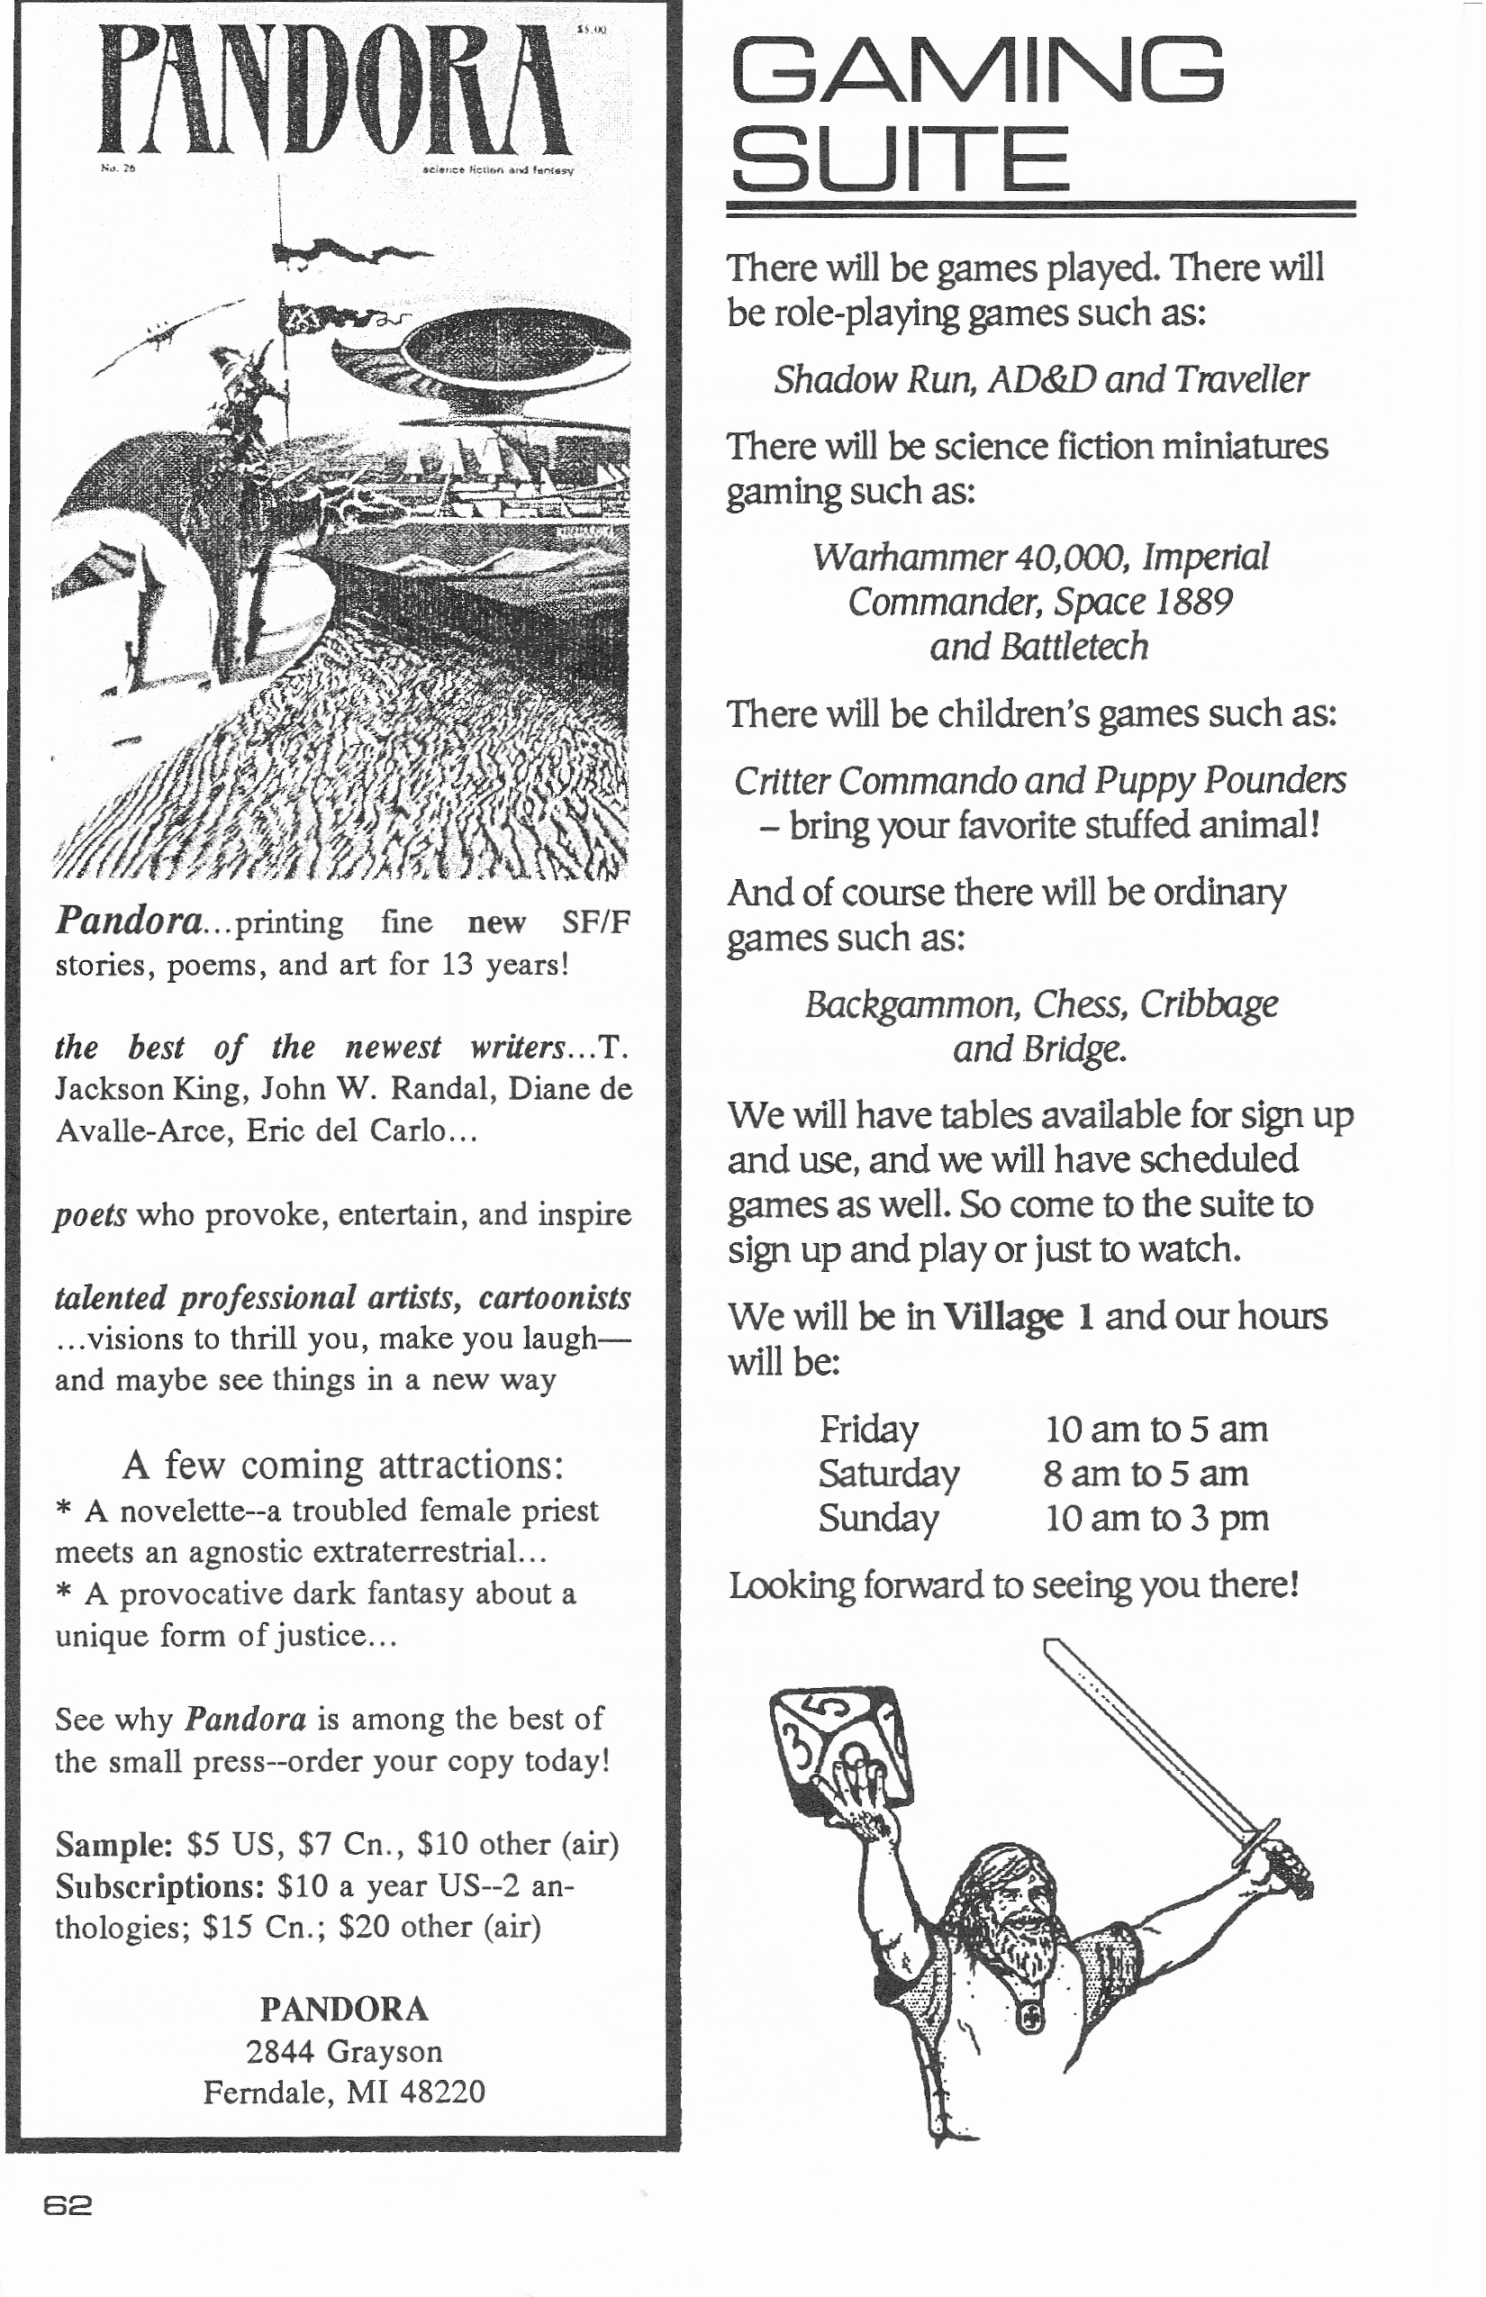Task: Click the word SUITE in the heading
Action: (x=900, y=159)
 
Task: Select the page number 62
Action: (x=68, y=2205)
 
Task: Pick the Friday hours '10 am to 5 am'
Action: (x=1156, y=1430)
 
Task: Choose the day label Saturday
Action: (x=889, y=1474)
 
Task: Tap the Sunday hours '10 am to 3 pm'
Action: (x=1156, y=1518)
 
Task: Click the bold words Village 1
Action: (x=1018, y=1316)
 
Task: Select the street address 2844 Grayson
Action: (x=343, y=2051)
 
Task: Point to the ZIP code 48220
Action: (x=442, y=2093)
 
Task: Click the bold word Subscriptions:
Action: (x=159, y=1886)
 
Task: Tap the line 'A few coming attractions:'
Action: (x=342, y=1465)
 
